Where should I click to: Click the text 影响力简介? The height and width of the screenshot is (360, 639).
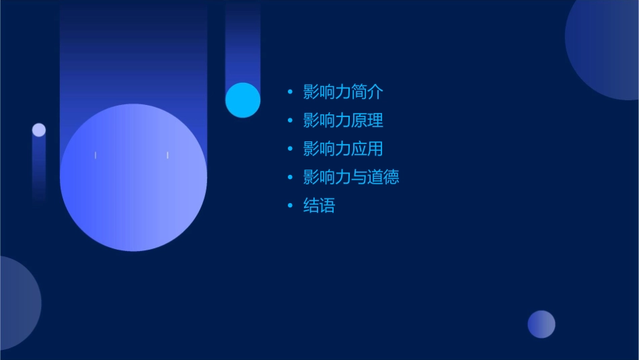pos(343,92)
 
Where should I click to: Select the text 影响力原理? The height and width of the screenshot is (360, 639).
pos(343,120)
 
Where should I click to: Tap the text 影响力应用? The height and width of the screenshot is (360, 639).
pos(343,149)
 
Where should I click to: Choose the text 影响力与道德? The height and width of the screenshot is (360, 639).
pos(351,177)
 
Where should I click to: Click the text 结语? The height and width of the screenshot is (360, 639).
pos(319,205)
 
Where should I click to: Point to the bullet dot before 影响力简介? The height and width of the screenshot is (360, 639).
pos(290,92)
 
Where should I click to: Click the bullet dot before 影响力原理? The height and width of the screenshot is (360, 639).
pos(290,120)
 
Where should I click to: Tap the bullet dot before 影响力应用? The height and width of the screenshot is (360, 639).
pos(290,149)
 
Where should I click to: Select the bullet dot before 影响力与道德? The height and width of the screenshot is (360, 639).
pos(290,177)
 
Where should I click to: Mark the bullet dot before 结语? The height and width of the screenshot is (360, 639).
pos(290,205)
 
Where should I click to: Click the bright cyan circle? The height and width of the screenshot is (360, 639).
pos(243,100)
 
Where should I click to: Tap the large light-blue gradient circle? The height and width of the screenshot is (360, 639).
pos(133,178)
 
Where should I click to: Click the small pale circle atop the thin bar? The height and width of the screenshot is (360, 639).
pos(39,130)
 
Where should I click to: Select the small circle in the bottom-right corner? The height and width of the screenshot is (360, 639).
pos(541,324)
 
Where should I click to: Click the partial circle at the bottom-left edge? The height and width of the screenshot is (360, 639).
pos(17,303)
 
